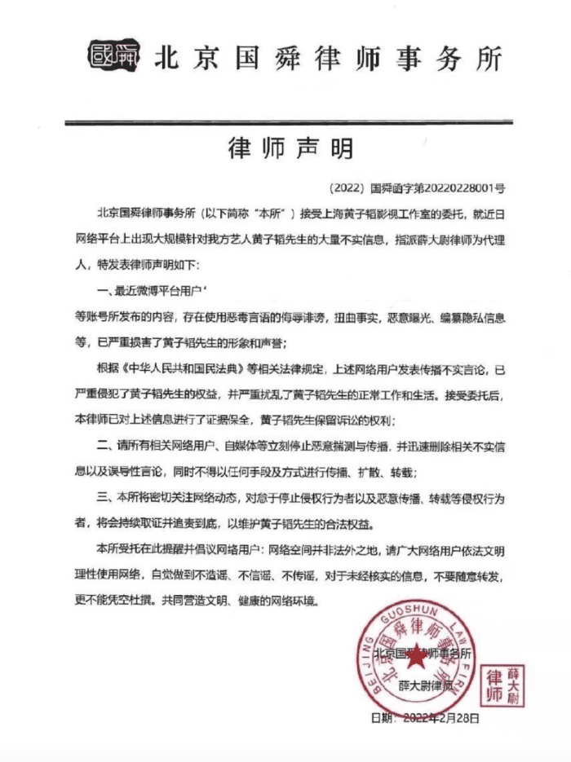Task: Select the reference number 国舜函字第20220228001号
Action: (x=437, y=187)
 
